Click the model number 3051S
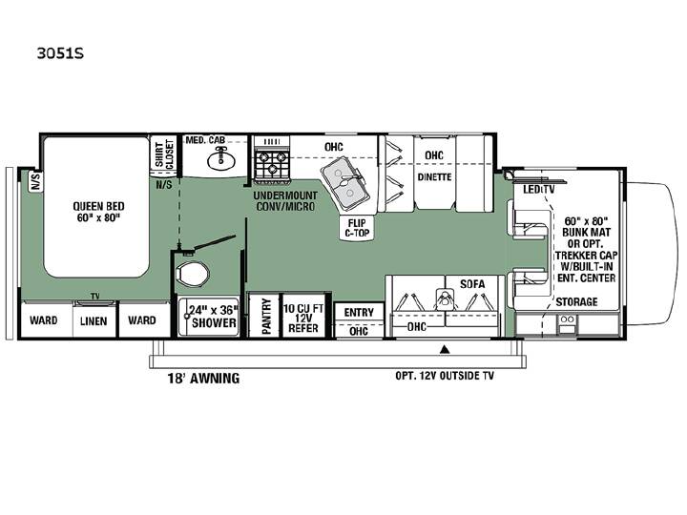tap(60, 53)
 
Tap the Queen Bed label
tap(98, 212)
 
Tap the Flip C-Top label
tap(357, 228)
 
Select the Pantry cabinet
tap(265, 316)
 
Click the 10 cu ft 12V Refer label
tap(303, 318)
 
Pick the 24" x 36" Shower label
tap(214, 317)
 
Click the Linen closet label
tap(94, 321)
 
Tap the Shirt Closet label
tap(164, 154)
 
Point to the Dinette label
tap(434, 177)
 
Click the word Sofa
tap(472, 284)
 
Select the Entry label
tap(359, 312)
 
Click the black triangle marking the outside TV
tap(446, 349)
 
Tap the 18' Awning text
tap(203, 378)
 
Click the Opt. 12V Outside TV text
tap(445, 376)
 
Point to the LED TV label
tap(538, 189)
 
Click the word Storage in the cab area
tap(576, 301)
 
